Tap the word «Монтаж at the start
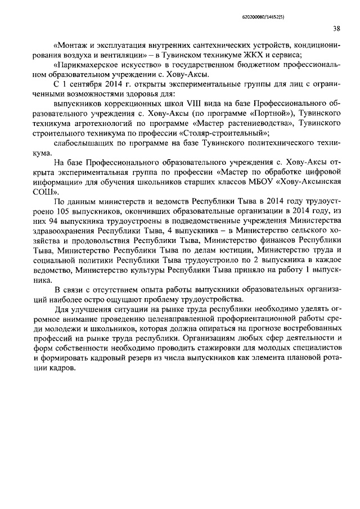tap(70, 45)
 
